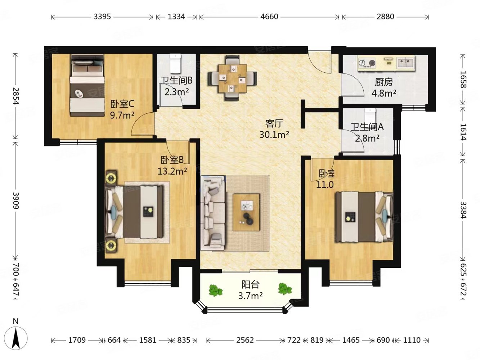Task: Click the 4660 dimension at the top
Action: click(269, 17)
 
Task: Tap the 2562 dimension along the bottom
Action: click(245, 340)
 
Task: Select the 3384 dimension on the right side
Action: click(463, 210)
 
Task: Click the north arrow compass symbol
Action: click(16, 338)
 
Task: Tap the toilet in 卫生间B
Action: click(175, 64)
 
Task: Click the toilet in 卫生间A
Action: click(370, 116)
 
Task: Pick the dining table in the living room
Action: click(233, 78)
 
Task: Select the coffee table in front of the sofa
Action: click(246, 212)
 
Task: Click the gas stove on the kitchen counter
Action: click(367, 63)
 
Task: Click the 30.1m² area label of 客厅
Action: click(274, 135)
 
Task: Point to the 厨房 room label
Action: click(384, 82)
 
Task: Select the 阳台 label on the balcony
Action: click(251, 284)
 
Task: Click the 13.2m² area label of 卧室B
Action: click(172, 171)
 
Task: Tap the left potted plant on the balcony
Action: click(215, 291)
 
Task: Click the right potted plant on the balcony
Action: click(285, 289)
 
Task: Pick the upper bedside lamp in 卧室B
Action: click(111, 176)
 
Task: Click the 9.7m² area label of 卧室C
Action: click(122, 115)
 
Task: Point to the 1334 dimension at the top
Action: click(176, 17)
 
